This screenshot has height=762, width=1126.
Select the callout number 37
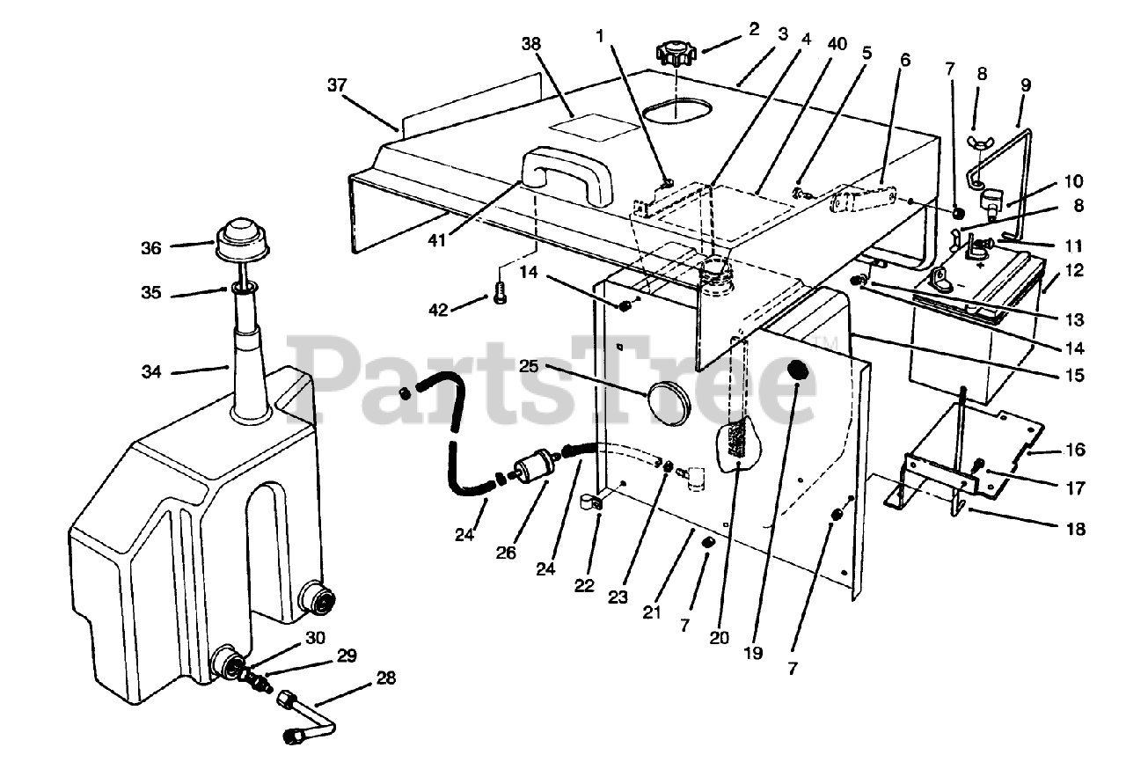coord(337,85)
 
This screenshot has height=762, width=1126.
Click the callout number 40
coord(837,44)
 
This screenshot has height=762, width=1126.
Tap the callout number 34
coord(151,372)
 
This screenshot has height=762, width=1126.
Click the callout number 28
coord(384,678)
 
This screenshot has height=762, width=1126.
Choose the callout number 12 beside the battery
coord(1074,271)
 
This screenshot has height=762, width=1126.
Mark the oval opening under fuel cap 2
coord(675,110)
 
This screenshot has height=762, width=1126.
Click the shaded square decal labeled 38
coord(594,127)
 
